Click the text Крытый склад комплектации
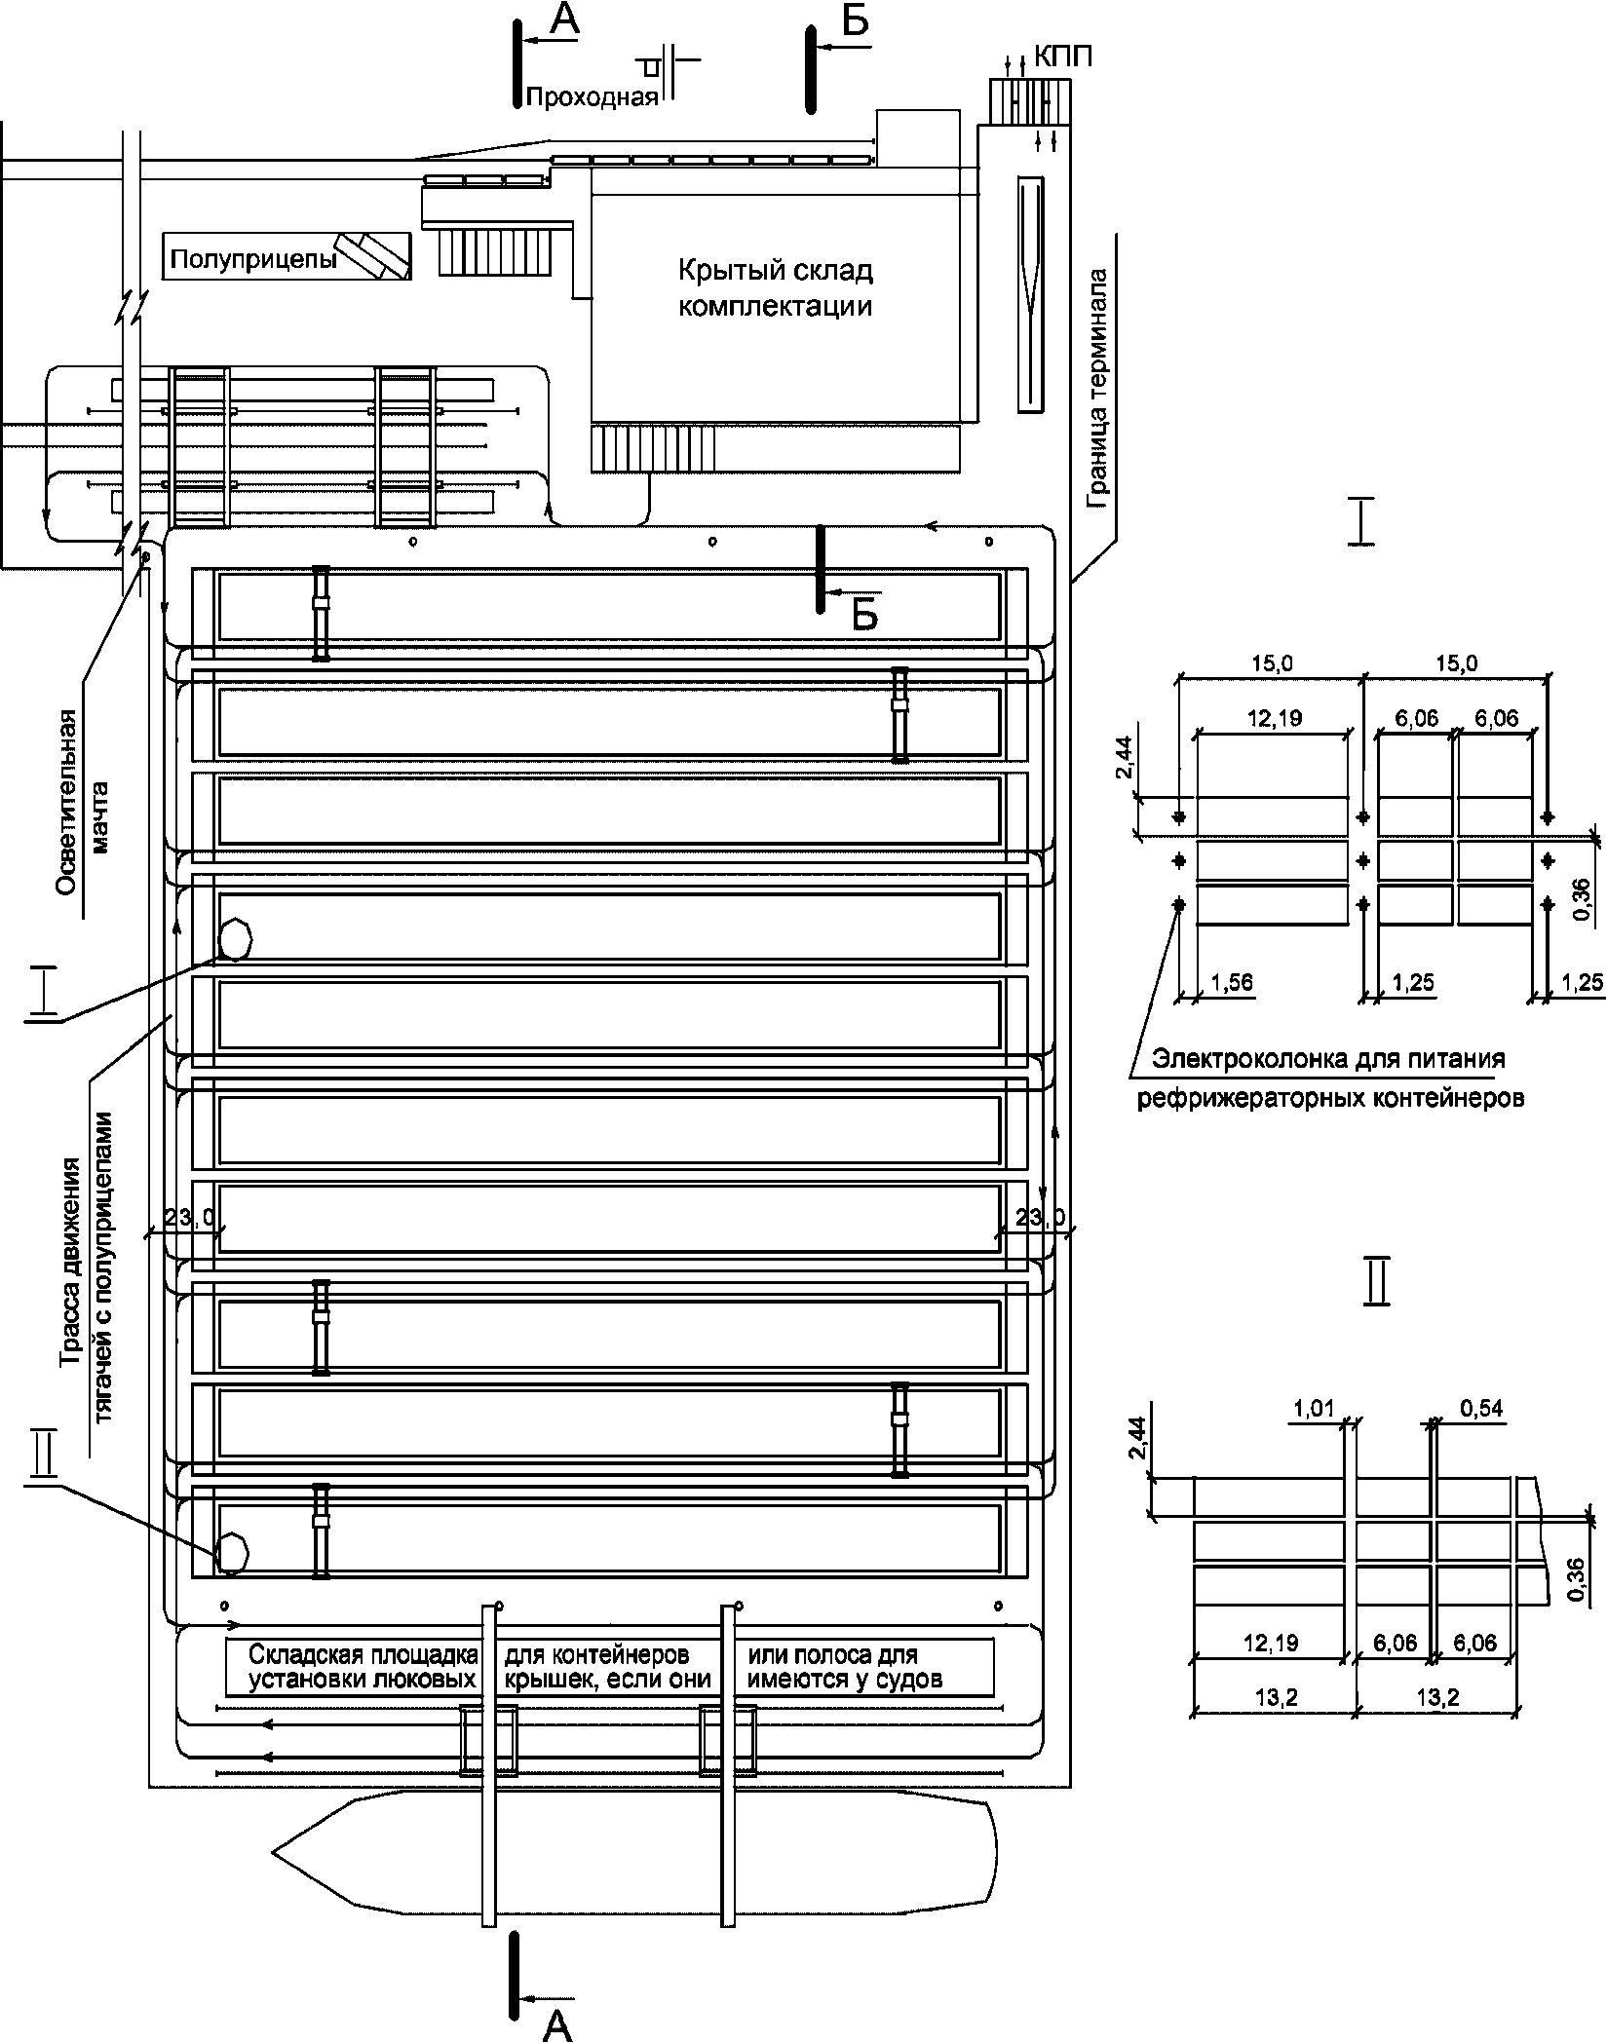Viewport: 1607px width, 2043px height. (x=775, y=288)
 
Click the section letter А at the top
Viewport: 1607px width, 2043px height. (x=563, y=21)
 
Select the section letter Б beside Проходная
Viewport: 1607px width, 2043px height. (x=854, y=21)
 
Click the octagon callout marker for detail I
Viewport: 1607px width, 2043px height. (x=235, y=939)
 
